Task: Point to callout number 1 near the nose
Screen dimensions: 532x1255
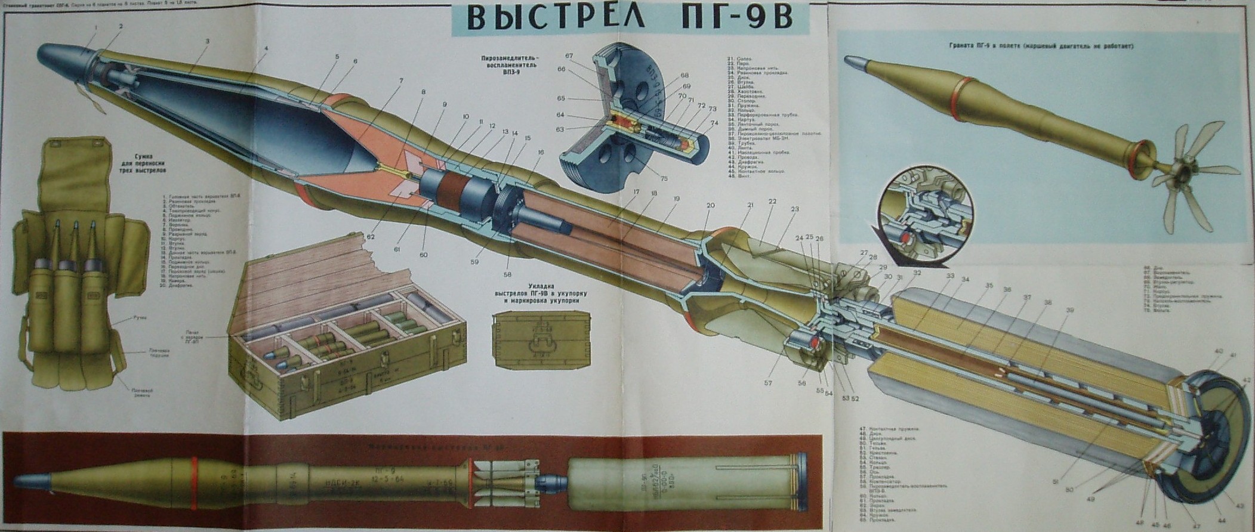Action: (95, 27)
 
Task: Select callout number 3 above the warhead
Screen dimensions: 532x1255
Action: (206, 41)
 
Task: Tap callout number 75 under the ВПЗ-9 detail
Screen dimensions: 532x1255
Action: (664, 178)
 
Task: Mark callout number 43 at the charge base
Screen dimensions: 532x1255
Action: (1238, 506)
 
